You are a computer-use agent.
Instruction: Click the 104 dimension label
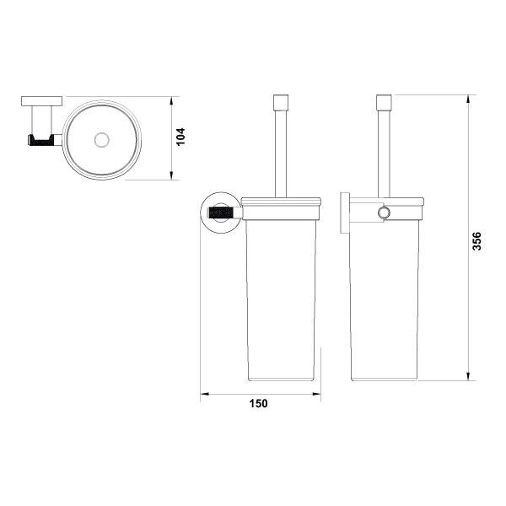181,137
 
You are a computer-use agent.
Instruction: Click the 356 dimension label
476,241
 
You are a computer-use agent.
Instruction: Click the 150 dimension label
259,403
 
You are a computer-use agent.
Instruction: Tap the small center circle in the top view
102,140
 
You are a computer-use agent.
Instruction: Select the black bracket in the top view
41,140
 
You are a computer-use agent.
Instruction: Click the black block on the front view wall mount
221,213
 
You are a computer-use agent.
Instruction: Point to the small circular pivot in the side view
385,213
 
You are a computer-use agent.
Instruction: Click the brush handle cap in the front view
281,102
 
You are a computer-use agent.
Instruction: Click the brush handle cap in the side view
384,102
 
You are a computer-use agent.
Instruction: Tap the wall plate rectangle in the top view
42,101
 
